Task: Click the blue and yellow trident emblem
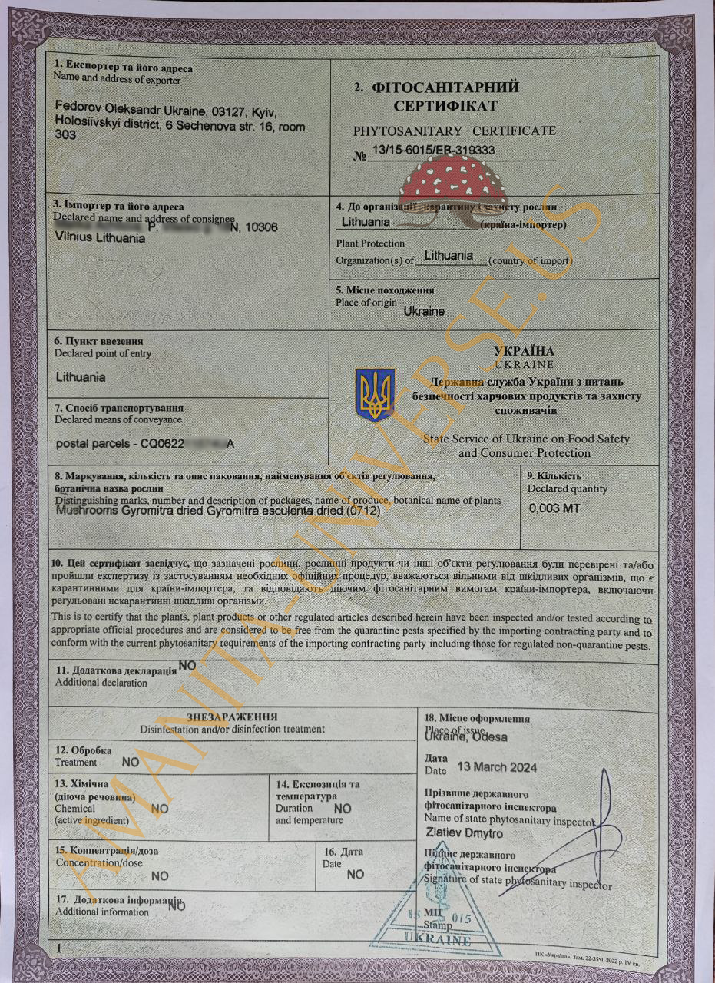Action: click(x=375, y=394)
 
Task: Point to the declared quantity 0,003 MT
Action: click(x=555, y=508)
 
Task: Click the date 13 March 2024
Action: click(x=496, y=766)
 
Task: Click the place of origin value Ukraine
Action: click(x=424, y=311)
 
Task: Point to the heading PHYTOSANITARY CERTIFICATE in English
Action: click(x=454, y=131)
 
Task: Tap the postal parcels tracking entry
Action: click(x=146, y=444)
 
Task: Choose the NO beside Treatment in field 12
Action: click(x=131, y=762)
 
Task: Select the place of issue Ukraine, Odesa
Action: click(x=465, y=736)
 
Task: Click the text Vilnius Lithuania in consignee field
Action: click(x=101, y=238)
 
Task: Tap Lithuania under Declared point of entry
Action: click(x=81, y=377)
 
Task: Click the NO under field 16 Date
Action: click(x=356, y=874)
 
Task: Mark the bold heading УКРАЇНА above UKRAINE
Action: click(x=525, y=351)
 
